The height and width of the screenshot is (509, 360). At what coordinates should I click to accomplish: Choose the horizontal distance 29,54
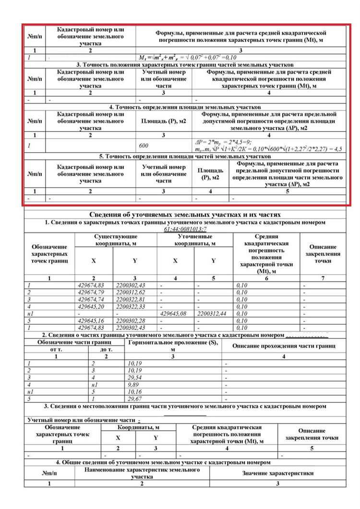point(135,378)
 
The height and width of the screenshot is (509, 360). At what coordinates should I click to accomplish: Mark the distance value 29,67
point(135,400)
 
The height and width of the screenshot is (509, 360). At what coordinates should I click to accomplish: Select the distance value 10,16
point(135,392)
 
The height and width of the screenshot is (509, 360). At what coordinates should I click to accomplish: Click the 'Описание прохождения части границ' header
point(284,346)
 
